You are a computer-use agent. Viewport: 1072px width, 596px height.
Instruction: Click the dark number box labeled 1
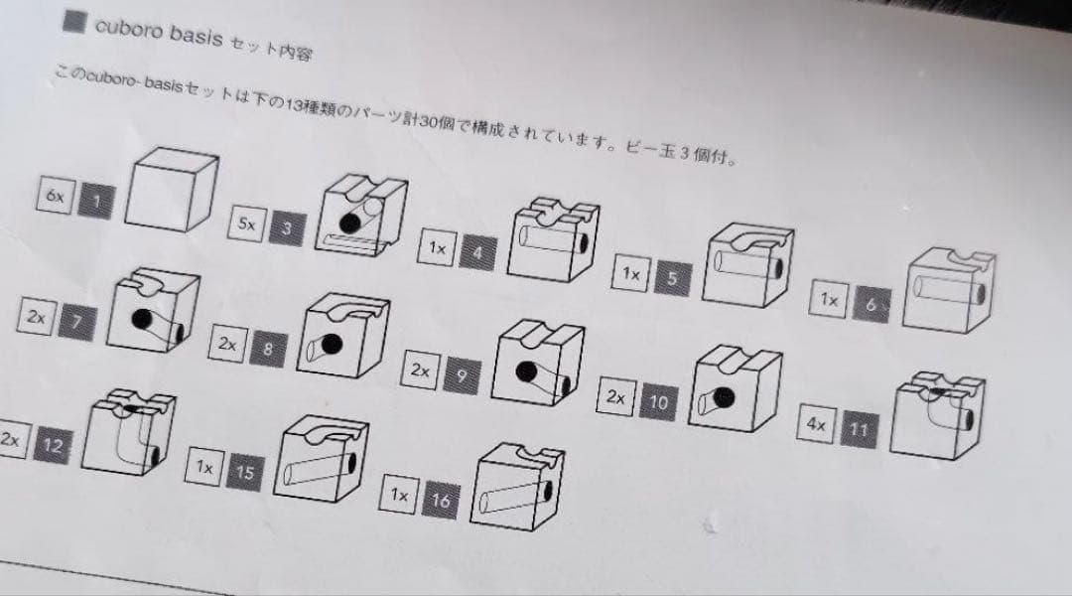[96, 202]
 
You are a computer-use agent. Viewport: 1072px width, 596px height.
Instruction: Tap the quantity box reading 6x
[54, 196]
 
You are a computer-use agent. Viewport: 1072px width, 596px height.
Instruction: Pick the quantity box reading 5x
[245, 224]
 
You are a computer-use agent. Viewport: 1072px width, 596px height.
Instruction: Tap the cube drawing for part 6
[950, 289]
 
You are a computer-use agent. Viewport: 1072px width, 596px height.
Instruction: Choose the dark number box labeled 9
[461, 375]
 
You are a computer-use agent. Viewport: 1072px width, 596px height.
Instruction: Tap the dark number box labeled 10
[658, 402]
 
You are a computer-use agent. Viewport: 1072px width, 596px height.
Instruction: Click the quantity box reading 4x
[817, 424]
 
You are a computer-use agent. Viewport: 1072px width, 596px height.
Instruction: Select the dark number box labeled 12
[52, 447]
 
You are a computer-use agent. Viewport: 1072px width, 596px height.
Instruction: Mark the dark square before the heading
[73, 23]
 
